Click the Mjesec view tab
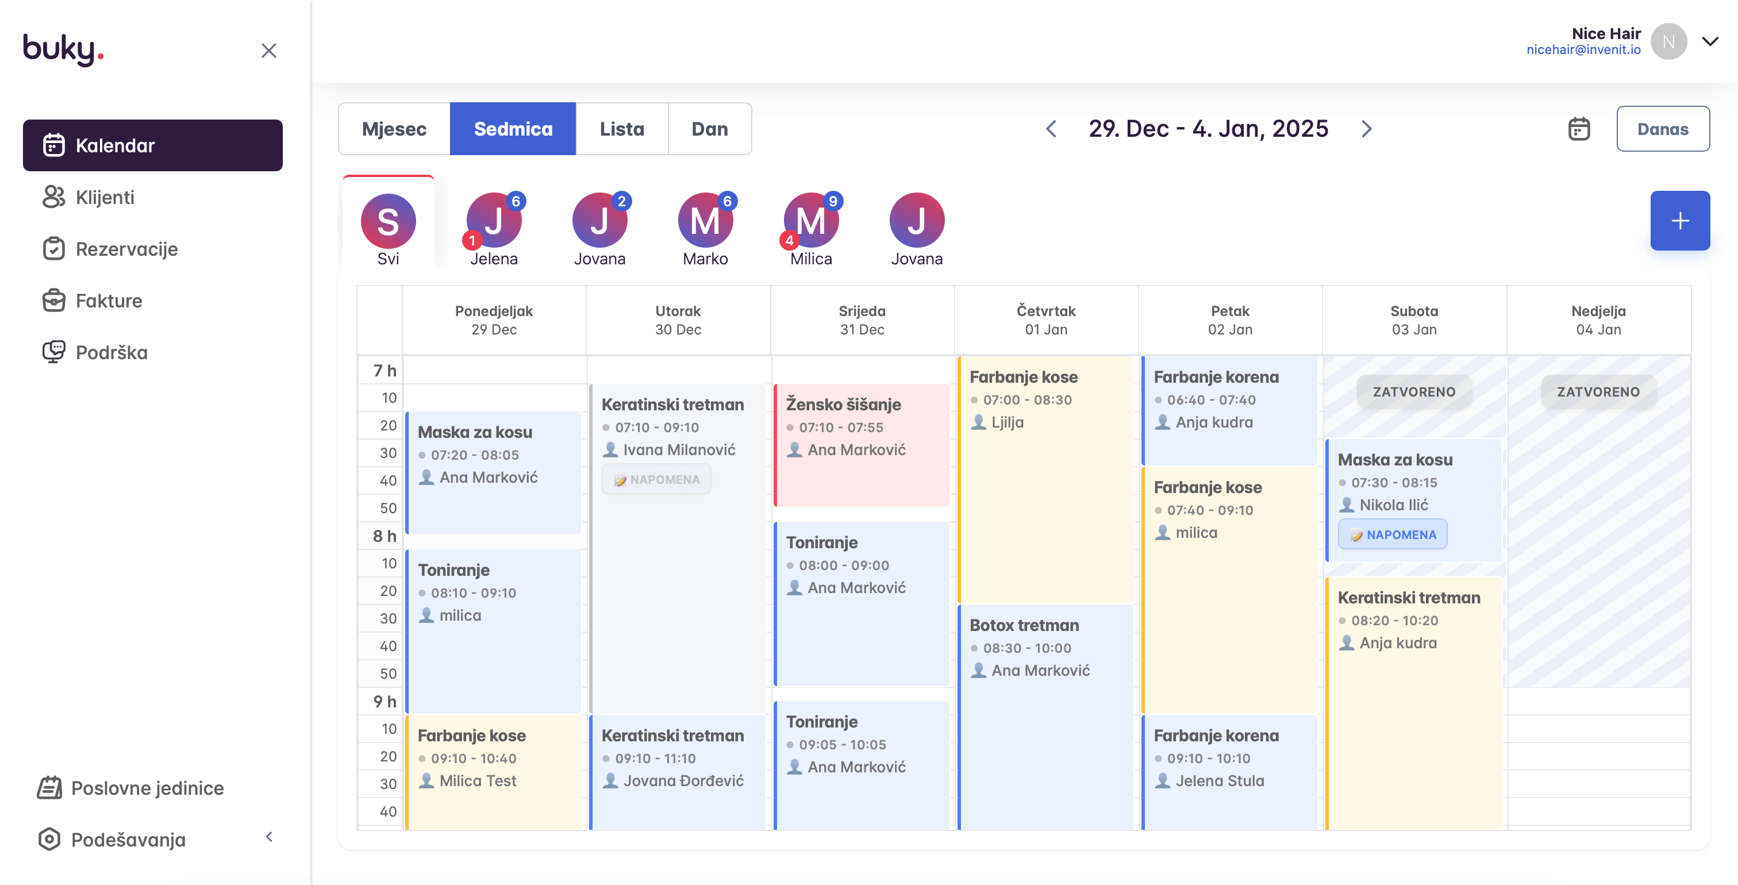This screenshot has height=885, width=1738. (394, 129)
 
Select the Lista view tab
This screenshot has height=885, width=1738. (621, 129)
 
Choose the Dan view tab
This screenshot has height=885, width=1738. (709, 129)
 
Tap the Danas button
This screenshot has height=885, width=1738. (1663, 129)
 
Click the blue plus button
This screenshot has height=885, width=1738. (1679, 221)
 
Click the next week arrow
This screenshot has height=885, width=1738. (1366, 129)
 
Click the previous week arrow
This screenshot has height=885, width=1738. (1051, 129)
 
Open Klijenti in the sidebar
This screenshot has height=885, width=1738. (105, 198)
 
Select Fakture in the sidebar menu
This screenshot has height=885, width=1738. (109, 301)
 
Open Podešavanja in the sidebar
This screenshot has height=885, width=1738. (128, 840)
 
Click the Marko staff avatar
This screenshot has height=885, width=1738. (705, 221)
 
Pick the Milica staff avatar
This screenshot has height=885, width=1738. (811, 221)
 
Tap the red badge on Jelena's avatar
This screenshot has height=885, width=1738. (472, 240)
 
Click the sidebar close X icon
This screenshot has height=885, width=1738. (268, 51)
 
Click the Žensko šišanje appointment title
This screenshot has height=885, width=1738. (843, 405)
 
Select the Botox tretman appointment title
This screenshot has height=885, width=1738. (1024, 625)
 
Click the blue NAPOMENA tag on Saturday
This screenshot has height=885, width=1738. (1393, 535)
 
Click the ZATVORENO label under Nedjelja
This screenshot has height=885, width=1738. (1598, 392)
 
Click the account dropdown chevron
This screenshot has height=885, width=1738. (1710, 42)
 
